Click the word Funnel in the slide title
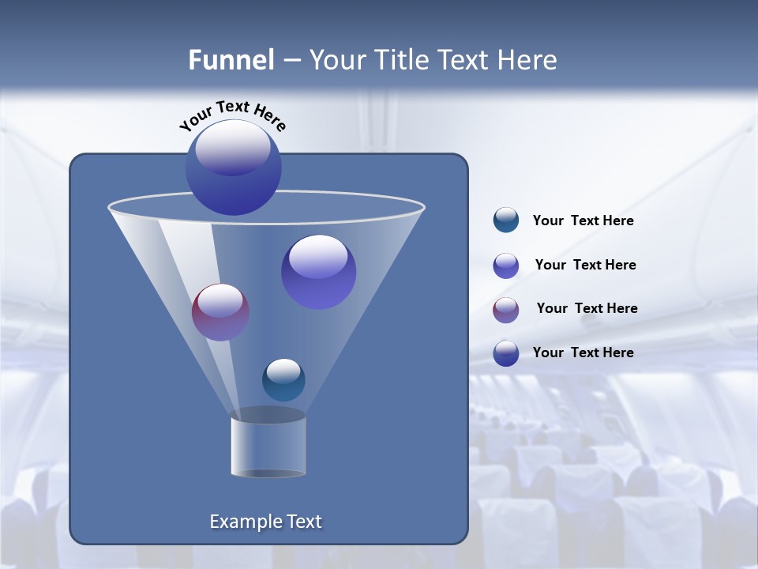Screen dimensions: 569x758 coord(231,60)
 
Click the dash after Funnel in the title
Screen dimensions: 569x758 coord(291,61)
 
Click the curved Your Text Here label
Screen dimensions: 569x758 coord(233,115)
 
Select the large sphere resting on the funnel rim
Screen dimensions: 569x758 coord(234,168)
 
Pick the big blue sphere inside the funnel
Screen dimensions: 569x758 coord(319,272)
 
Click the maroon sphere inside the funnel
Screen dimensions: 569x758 coord(221,312)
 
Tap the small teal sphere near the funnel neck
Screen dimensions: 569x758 coord(283,380)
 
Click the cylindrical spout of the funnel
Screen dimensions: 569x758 coord(268,447)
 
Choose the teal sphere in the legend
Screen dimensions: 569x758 coord(506,220)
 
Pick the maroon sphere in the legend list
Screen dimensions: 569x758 coord(506,310)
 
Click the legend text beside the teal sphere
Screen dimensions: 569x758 coord(584,220)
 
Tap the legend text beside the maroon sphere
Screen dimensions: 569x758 coord(587,308)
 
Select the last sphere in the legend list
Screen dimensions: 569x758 coord(506,353)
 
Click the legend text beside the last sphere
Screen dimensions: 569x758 coord(584,352)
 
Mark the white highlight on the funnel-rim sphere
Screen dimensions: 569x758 coord(233,147)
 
